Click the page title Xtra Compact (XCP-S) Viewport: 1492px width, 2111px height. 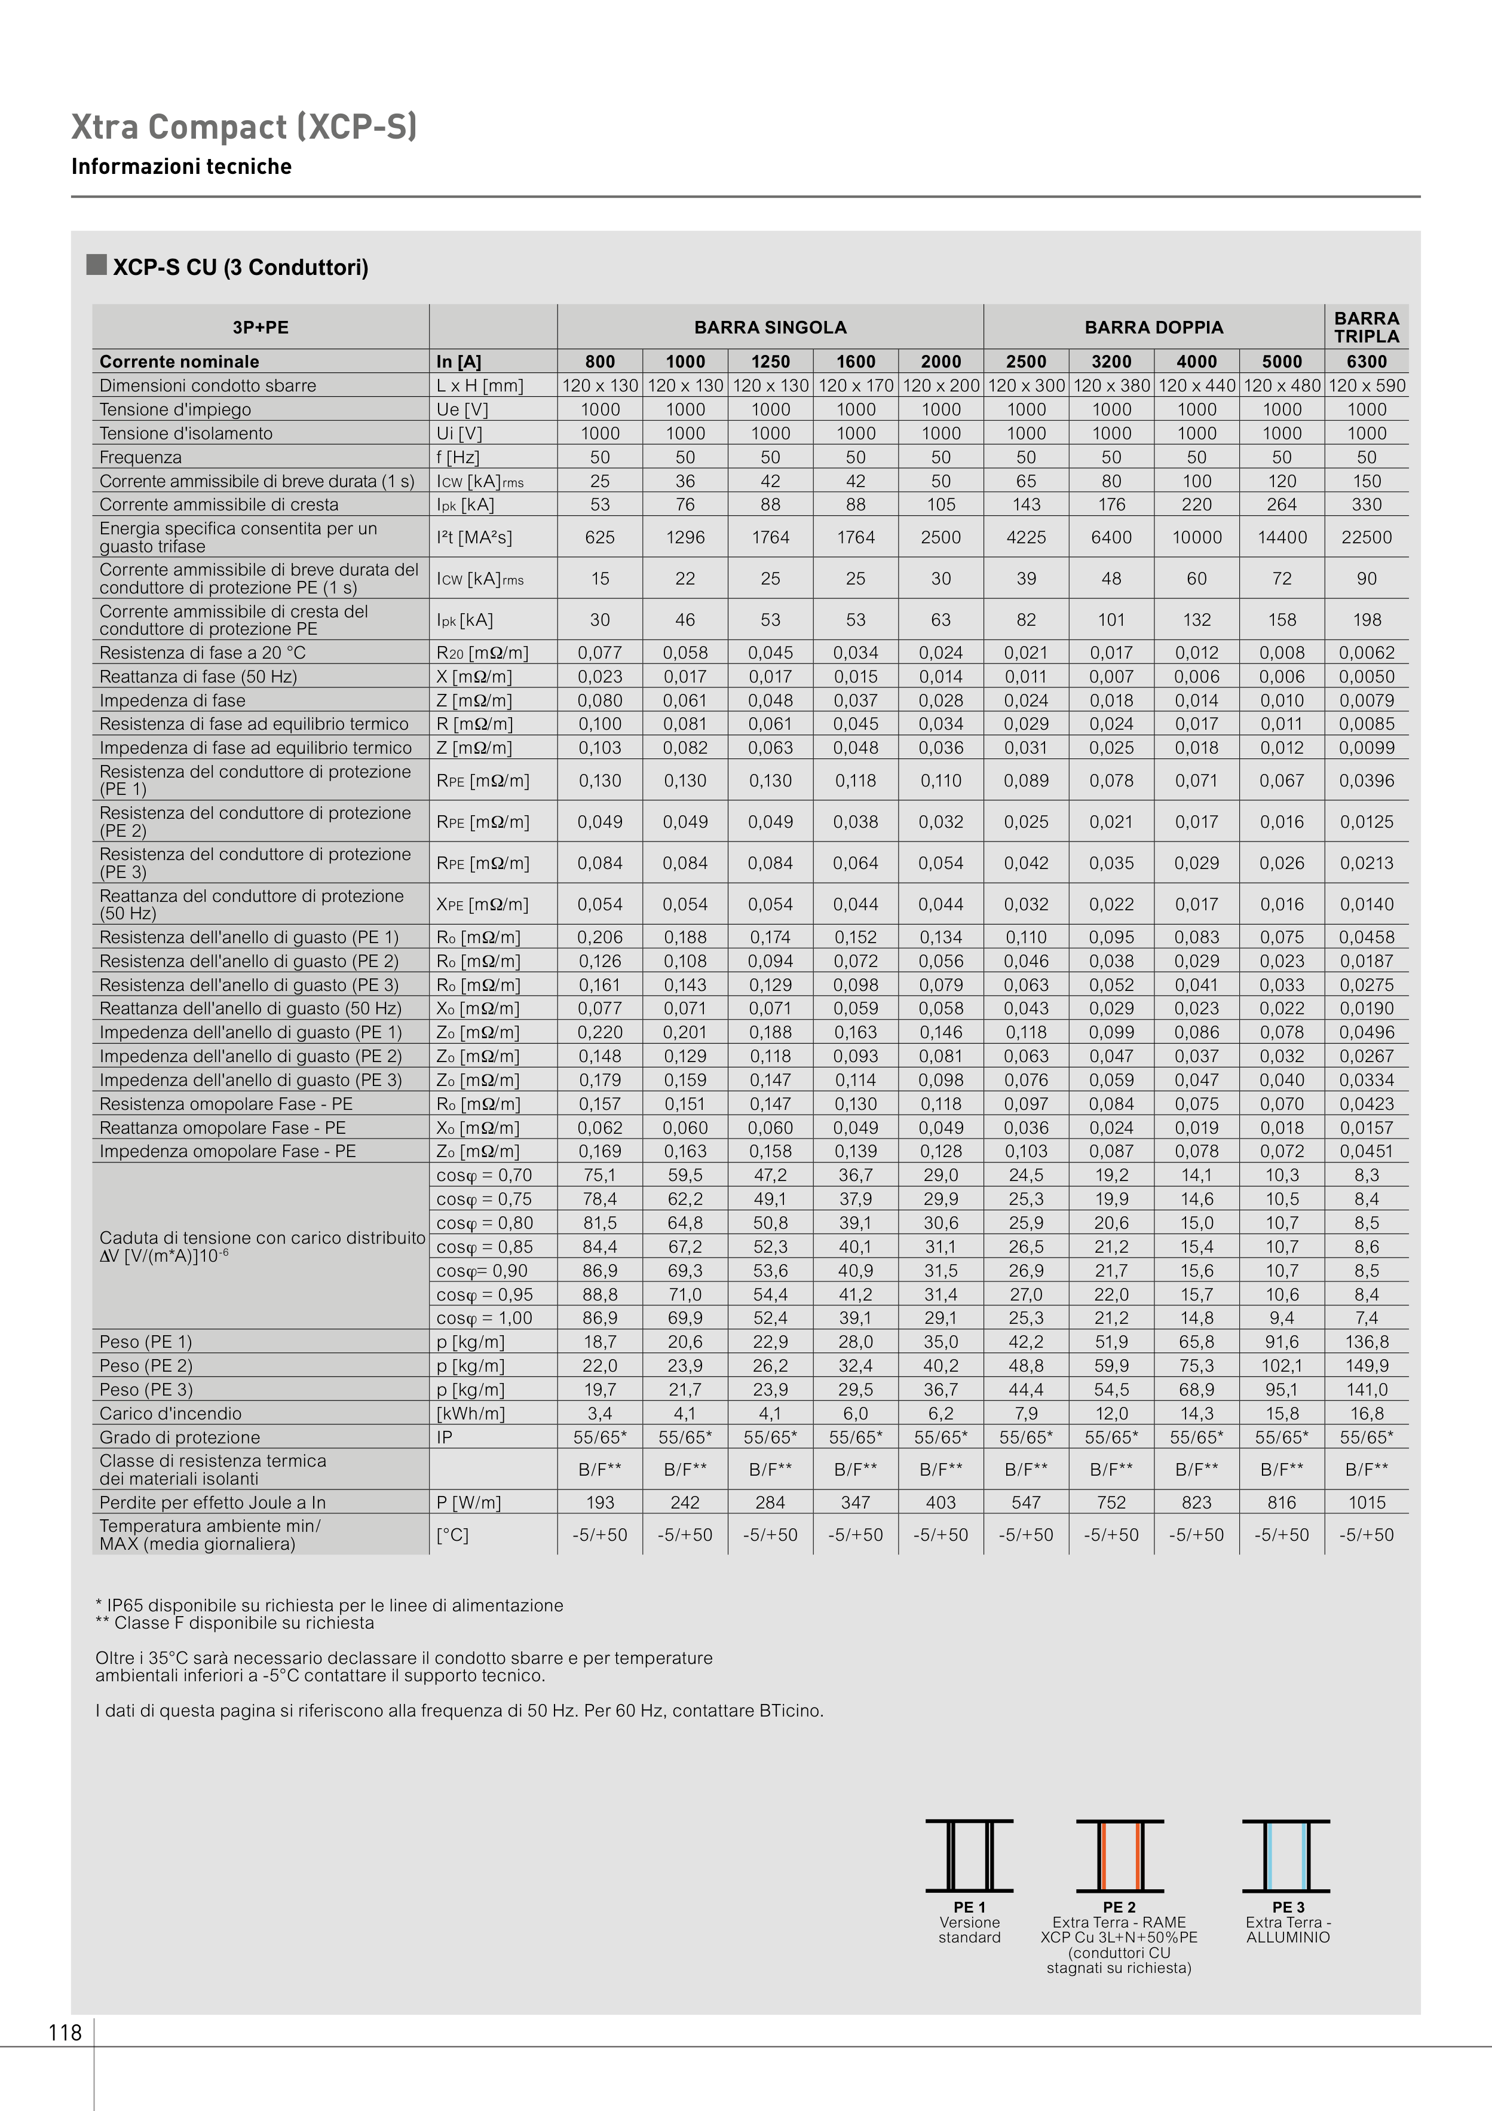tap(244, 127)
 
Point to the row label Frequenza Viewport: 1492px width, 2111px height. tap(140, 457)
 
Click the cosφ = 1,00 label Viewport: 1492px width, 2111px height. tap(485, 1317)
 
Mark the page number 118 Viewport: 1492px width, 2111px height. tap(65, 2033)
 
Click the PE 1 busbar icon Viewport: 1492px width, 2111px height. tap(969, 1855)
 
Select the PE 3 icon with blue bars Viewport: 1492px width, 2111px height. tap(1286, 1855)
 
